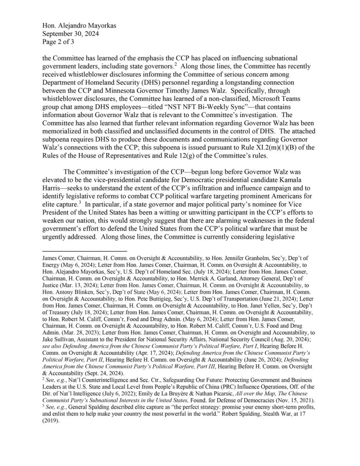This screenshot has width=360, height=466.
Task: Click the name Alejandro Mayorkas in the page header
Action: [86, 26]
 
